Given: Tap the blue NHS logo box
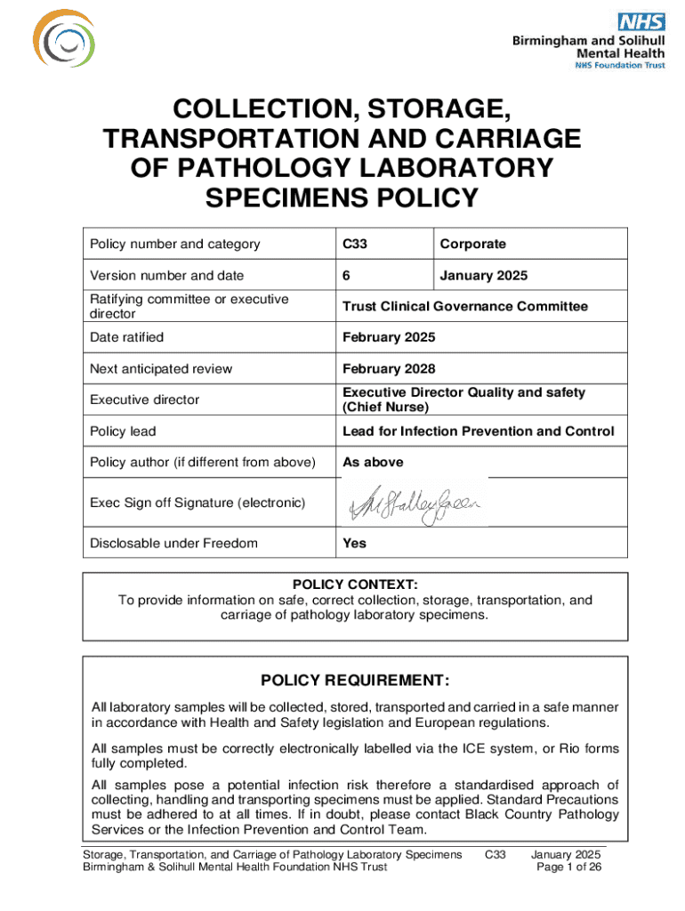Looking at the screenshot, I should [641, 21].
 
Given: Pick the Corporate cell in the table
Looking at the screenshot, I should [472, 244].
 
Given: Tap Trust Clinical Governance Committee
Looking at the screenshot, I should [465, 306].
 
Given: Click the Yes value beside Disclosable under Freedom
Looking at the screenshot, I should [354, 543].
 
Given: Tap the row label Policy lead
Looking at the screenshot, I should [123, 431].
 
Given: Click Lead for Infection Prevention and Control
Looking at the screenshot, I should [478, 431].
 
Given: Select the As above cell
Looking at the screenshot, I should [373, 462].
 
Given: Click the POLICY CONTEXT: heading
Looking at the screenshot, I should [355, 584].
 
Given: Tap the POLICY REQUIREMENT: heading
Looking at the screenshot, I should [354, 681].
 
